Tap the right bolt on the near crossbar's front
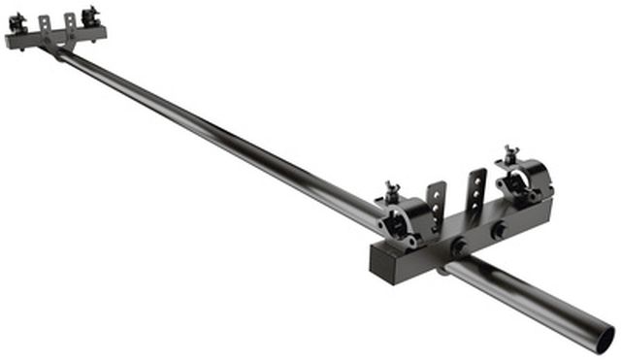pos(498,232)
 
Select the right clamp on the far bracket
pos(90,16)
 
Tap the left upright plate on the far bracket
pos(45,23)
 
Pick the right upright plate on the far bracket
pos(69,20)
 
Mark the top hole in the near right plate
pos(477,179)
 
